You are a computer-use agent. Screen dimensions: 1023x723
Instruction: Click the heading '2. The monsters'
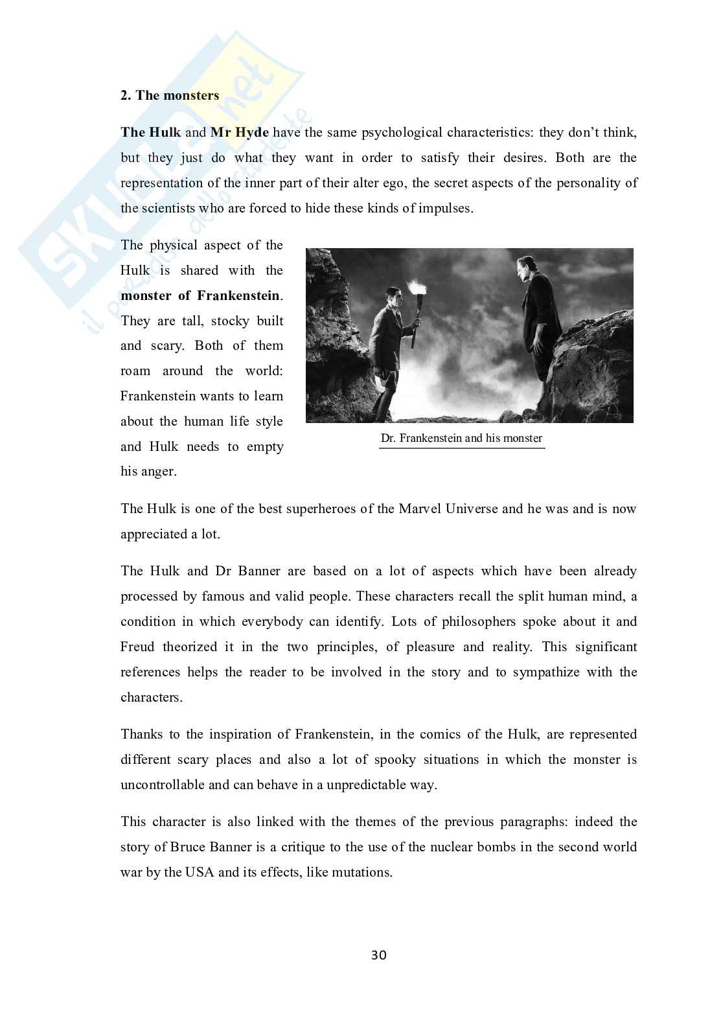pos(170,96)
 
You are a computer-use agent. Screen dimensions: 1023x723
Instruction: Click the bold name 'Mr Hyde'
pos(239,133)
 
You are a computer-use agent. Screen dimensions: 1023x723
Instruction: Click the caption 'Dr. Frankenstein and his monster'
pos(461,439)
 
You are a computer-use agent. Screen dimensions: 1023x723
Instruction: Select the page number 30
pos(379,955)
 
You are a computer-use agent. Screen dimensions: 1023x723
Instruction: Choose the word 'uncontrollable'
pos(163,785)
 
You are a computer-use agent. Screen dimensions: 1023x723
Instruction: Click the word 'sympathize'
pos(546,672)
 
